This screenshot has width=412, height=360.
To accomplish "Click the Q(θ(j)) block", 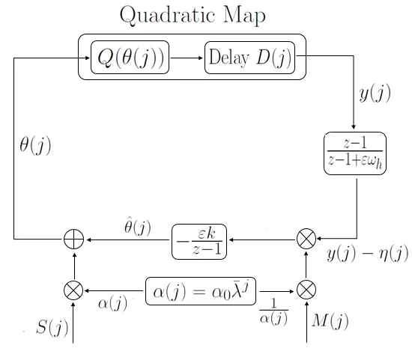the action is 130,57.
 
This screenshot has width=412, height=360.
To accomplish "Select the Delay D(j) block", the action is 249,58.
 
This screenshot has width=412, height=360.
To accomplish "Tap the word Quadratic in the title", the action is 167,15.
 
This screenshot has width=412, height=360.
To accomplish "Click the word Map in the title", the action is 244,15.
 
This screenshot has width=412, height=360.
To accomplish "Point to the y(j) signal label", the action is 375,93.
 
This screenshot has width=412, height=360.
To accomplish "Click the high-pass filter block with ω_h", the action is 355,153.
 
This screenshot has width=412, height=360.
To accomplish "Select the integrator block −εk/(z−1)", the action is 199,242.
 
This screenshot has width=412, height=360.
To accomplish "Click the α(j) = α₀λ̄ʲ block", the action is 201,291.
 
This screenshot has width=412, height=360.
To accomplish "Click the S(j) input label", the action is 52,328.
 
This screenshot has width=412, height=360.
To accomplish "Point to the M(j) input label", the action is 330,321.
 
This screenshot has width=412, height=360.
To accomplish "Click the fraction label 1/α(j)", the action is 273,312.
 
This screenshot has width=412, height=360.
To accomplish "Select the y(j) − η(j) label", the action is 368,254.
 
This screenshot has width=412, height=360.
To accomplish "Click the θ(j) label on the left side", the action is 35,145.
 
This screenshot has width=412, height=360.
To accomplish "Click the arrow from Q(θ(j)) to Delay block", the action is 187,58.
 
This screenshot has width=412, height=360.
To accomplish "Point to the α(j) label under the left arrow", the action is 113,304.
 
